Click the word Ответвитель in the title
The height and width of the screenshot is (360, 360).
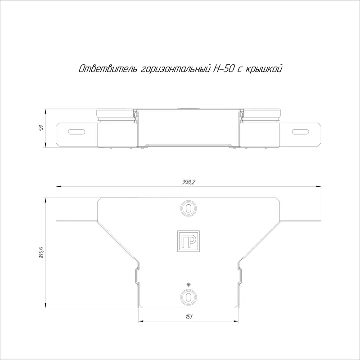pyautogui.click(x=108, y=69)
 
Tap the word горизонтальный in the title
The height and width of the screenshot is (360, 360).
pyautogui.click(x=175, y=69)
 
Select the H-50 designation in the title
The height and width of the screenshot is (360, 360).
pyautogui.click(x=224, y=69)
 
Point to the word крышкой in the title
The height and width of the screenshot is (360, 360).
pyautogui.click(x=264, y=69)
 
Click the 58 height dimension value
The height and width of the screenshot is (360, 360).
pyautogui.click(x=41, y=128)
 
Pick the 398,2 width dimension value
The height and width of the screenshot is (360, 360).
pyautogui.click(x=188, y=182)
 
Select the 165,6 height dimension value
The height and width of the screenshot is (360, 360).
pyautogui.click(x=41, y=253)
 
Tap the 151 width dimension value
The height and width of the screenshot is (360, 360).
pyautogui.click(x=189, y=317)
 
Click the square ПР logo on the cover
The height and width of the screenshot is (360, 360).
pyautogui.click(x=188, y=241)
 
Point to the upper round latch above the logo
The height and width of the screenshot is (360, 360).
pyautogui.click(x=188, y=208)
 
